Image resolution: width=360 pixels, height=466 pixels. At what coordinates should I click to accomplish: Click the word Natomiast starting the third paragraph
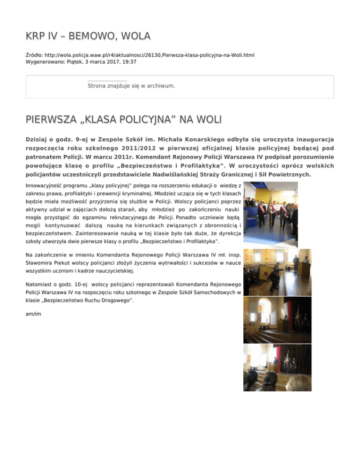[39, 284]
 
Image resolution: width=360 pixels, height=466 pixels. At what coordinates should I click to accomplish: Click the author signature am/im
[33, 314]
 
